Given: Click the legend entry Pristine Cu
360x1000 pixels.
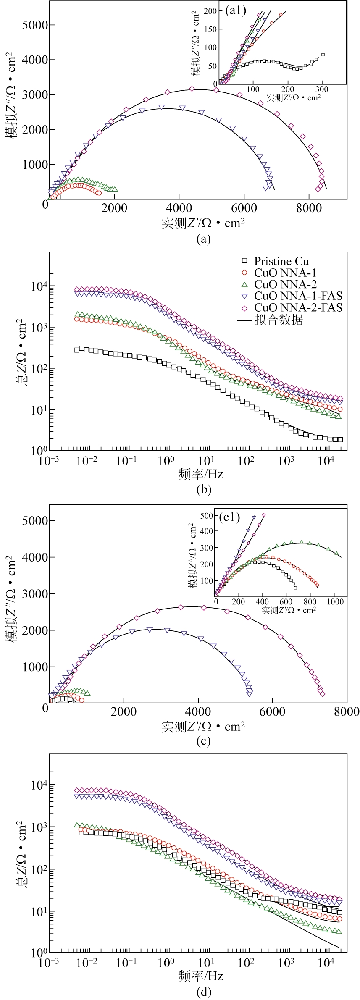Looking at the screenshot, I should (281, 261).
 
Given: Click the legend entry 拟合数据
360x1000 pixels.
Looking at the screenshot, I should (278, 320).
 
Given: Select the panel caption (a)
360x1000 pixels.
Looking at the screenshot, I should (203, 239).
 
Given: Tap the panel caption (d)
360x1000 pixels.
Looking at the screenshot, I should (203, 992).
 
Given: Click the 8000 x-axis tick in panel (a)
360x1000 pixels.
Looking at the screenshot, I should (310, 209).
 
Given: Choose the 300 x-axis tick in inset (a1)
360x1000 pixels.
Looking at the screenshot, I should (322, 89).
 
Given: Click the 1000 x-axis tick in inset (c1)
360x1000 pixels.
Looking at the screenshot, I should (334, 601).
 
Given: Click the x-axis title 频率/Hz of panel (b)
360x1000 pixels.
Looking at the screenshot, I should (200, 474).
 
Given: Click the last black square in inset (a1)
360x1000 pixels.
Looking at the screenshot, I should (323, 55).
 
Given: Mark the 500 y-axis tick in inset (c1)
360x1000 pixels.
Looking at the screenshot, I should (207, 515).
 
